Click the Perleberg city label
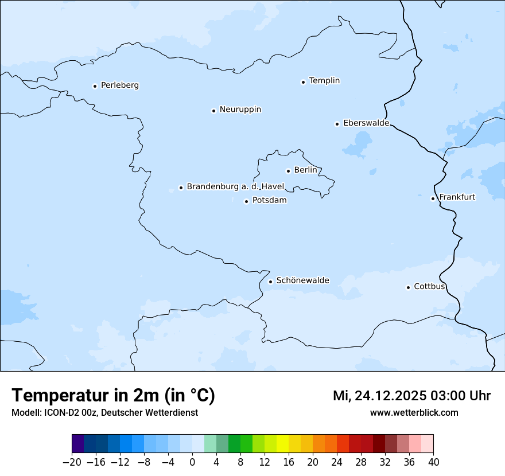(x=119, y=85)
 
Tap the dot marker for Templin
(x=303, y=82)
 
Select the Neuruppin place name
(x=240, y=110)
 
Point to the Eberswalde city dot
(x=337, y=124)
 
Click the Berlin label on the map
(x=305, y=170)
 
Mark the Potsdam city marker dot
(x=246, y=201)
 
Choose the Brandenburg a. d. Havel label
(x=235, y=187)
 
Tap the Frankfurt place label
(x=457, y=197)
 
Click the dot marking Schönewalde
(x=270, y=282)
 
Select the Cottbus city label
(x=429, y=286)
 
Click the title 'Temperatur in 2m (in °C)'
(x=113, y=396)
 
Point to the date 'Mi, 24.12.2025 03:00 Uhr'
(x=411, y=396)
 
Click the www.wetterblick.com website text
(x=414, y=412)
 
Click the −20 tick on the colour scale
(x=72, y=462)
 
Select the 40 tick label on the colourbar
(x=433, y=462)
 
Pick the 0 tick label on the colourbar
(x=192, y=462)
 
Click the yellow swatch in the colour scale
(x=282, y=444)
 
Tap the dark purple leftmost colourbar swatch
(x=77, y=444)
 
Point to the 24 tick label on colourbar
(x=337, y=462)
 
